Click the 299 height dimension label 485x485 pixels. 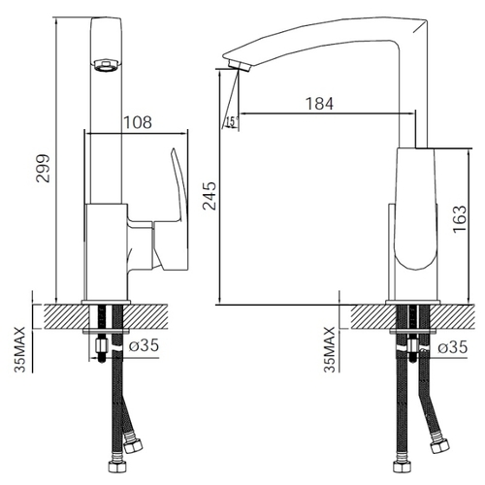[x=43, y=169]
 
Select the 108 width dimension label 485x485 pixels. [x=138, y=122]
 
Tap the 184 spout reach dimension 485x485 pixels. [x=319, y=104]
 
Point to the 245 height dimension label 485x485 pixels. [x=210, y=196]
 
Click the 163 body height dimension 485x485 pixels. [x=460, y=219]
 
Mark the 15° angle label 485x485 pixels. [x=232, y=122]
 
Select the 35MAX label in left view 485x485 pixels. [x=19, y=349]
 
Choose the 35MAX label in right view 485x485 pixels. [x=330, y=349]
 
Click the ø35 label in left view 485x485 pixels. [x=144, y=345]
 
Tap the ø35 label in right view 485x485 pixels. [x=453, y=347]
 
